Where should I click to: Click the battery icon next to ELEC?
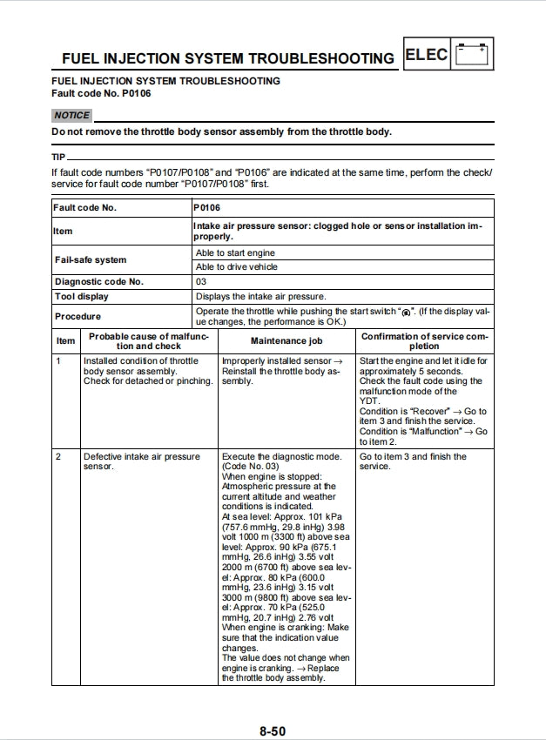tap(473, 54)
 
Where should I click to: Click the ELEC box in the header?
tap(427, 55)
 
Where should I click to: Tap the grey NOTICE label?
tap(71, 115)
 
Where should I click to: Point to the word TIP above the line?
tap(58, 157)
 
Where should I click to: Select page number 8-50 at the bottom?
tap(272, 730)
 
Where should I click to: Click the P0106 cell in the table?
tap(207, 208)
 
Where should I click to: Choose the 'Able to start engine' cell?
tap(235, 252)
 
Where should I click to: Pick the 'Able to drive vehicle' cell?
tap(237, 267)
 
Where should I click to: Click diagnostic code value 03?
tap(201, 281)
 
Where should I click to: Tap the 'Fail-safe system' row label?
tap(90, 259)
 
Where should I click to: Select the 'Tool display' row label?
tap(81, 296)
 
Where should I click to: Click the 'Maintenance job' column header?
tap(286, 341)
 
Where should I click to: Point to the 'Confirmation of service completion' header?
tap(424, 340)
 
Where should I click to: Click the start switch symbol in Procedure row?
tap(405, 312)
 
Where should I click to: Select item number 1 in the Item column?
tap(59, 360)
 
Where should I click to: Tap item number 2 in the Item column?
tap(59, 456)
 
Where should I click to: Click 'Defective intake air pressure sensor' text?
tap(141, 461)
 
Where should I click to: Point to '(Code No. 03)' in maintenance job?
tap(251, 467)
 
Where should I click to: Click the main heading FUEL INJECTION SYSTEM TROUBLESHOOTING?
tap(227, 58)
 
